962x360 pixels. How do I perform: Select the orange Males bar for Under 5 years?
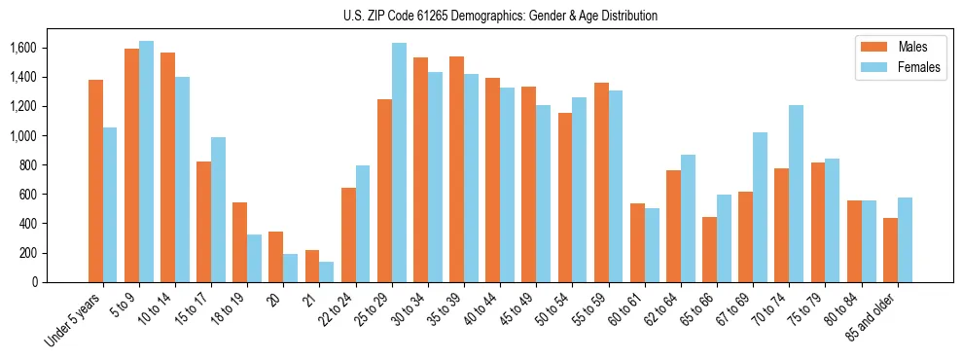[95, 181]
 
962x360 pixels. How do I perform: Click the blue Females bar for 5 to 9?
[146, 162]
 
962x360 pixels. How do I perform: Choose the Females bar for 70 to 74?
[796, 194]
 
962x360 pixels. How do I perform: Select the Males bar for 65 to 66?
[709, 249]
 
